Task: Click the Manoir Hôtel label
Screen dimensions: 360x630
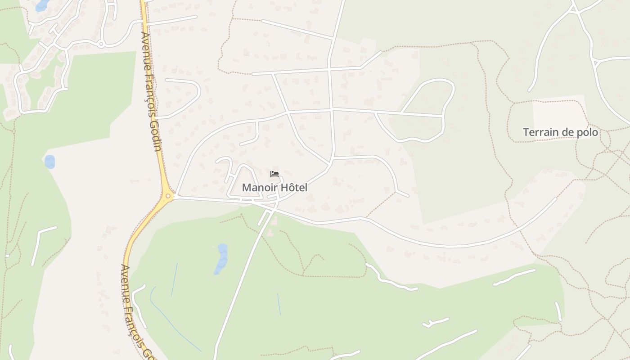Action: coord(274,187)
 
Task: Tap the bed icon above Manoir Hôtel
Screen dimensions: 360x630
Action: coord(274,174)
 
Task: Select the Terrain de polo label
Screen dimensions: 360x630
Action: coord(560,132)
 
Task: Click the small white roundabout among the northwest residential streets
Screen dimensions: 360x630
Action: coord(101,44)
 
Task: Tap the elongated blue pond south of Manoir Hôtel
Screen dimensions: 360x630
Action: coord(221,259)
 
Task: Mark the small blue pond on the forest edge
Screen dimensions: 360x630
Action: coord(49,162)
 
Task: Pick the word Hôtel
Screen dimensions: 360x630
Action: coord(294,187)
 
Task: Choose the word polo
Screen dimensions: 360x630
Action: coord(589,132)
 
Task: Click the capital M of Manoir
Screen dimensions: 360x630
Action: coord(246,187)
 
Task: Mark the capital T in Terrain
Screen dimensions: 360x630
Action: coord(526,132)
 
